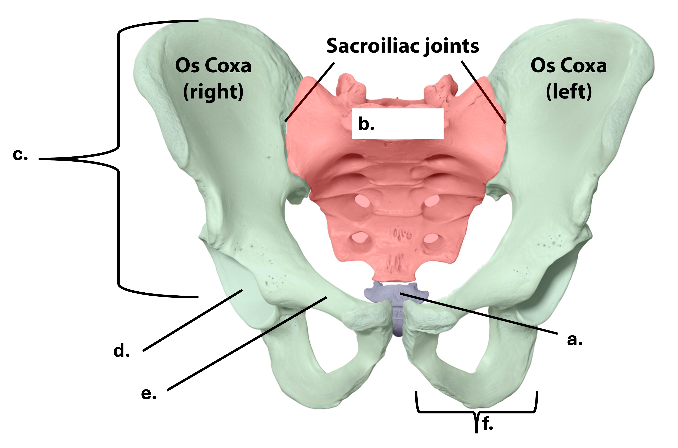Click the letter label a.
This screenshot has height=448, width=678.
574,340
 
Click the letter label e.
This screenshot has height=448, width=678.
149,394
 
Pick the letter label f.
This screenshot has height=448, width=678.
488,423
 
